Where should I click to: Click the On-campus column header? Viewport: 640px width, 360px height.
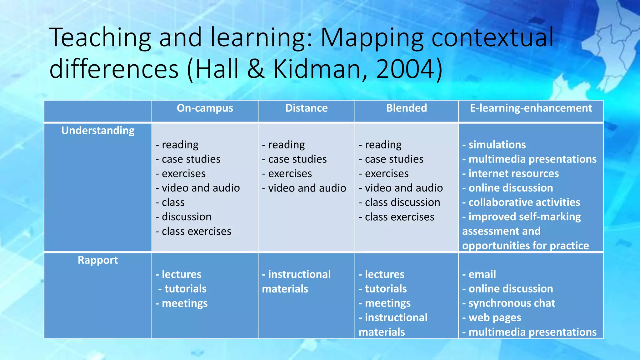pyautogui.click(x=205, y=108)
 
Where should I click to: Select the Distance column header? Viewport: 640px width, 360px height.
pyautogui.click(x=306, y=108)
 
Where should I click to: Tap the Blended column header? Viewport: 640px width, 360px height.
pyautogui.click(x=406, y=108)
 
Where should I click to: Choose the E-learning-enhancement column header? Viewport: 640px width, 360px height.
pyautogui.click(x=531, y=108)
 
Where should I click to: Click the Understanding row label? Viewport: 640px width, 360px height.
pyautogui.click(x=98, y=130)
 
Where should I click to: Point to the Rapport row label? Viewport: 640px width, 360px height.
pyautogui.click(x=98, y=260)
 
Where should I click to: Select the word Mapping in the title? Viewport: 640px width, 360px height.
pyautogui.click(x=372, y=37)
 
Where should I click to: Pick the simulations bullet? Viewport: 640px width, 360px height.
pyautogui.click(x=497, y=145)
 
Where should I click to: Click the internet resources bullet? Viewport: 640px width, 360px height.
pyautogui.click(x=513, y=173)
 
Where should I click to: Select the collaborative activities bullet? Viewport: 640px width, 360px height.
pyautogui.click(x=524, y=202)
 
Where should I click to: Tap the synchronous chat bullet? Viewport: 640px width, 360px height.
pyautogui.click(x=512, y=303)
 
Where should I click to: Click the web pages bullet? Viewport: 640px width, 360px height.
pyautogui.click(x=495, y=317)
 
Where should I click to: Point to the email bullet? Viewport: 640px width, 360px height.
pyautogui.click(x=482, y=274)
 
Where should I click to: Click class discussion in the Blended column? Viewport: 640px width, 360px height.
pyautogui.click(x=402, y=202)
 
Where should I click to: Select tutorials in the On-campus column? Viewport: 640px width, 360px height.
pyautogui.click(x=185, y=289)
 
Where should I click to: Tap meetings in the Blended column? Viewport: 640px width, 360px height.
pyautogui.click(x=387, y=303)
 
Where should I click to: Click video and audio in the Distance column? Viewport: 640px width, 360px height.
pyautogui.click(x=307, y=188)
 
